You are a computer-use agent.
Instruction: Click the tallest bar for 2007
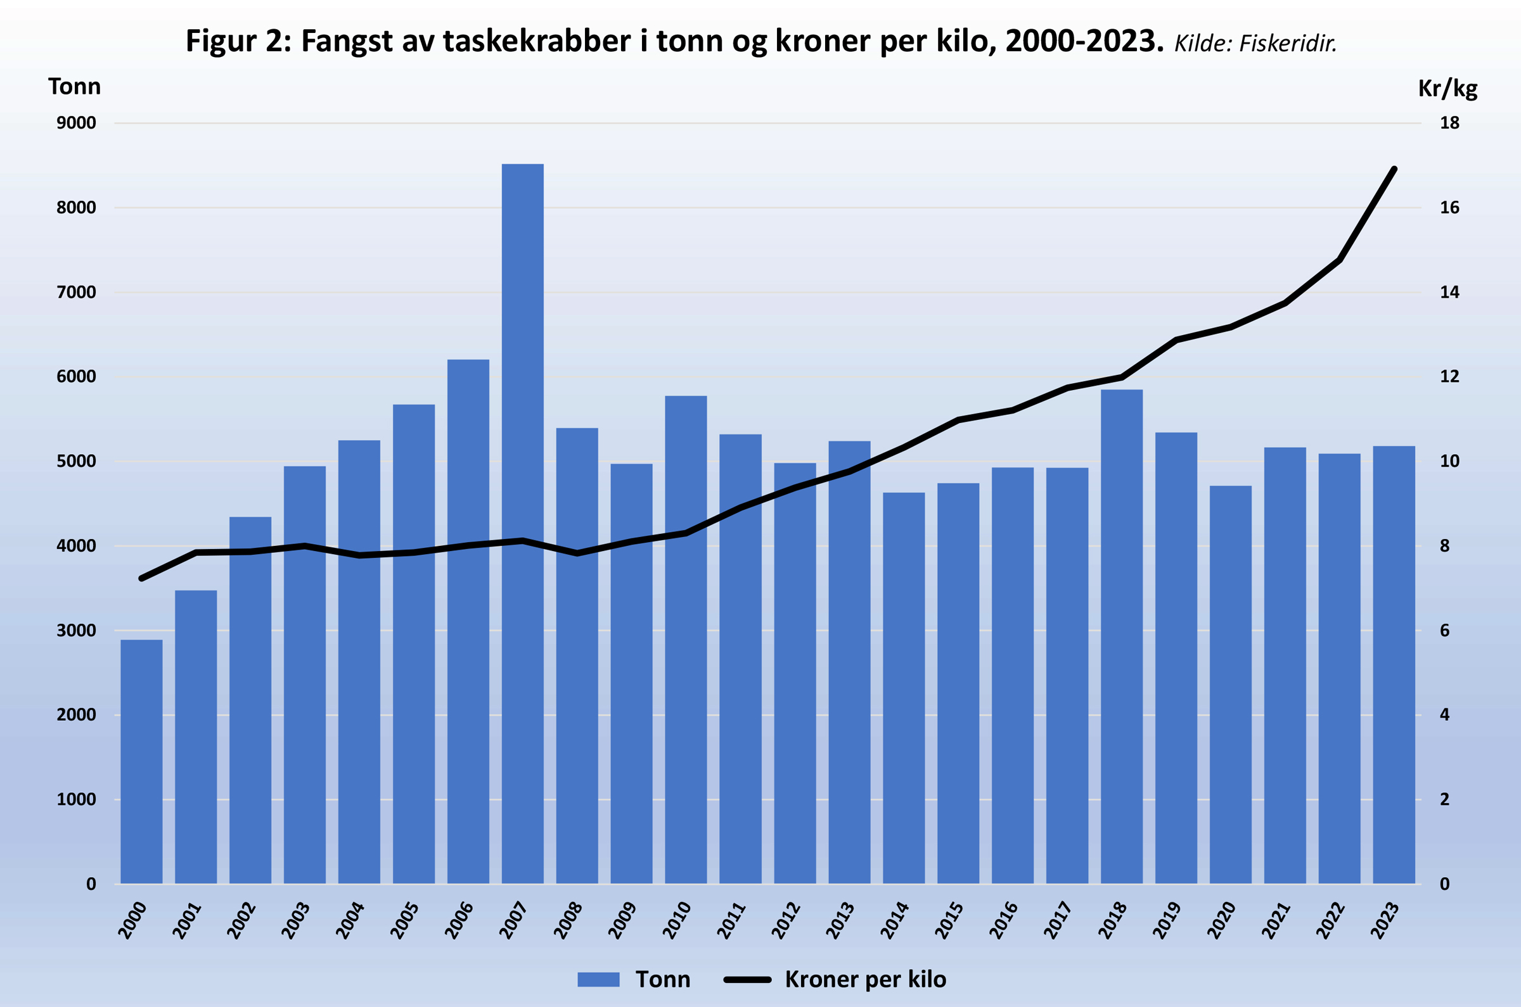[522, 523]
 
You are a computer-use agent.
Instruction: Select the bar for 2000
[141, 761]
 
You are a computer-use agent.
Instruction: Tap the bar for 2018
[1121, 636]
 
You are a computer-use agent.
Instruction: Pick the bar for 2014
[904, 687]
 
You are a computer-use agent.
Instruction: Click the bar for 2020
[1231, 684]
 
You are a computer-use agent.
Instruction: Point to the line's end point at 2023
[1394, 169]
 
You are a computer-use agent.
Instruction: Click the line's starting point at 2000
[141, 579]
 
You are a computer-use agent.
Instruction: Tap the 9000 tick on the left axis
[77, 123]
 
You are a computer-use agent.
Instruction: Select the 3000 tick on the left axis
[77, 630]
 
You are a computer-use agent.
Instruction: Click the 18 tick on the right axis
[1449, 123]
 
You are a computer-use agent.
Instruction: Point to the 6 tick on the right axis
[1444, 630]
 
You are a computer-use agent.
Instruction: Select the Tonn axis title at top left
[75, 86]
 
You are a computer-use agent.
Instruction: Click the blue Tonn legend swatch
[598, 978]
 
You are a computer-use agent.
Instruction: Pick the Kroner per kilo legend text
[865, 978]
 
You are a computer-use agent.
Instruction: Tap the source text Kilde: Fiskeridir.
[1255, 44]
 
